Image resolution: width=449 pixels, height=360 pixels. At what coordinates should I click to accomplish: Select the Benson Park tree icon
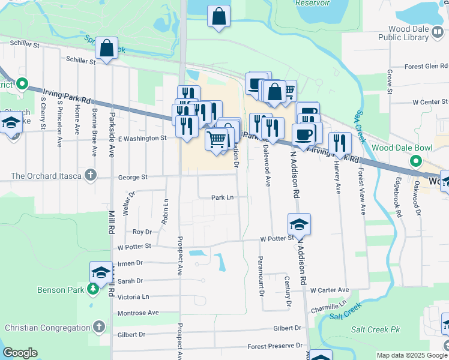coord(93,290)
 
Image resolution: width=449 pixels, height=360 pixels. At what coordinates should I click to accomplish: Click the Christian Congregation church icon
coord(99,328)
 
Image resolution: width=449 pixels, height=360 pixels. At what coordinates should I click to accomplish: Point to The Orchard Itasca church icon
coord(90,176)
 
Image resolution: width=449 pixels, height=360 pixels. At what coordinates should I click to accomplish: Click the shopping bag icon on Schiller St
coord(106,50)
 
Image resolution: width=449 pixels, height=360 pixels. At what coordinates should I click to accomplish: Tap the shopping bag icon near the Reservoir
coord(219,16)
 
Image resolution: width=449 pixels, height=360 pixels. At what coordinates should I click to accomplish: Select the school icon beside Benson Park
coord(100,272)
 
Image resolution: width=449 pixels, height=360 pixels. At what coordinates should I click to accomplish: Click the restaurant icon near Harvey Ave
coord(340,143)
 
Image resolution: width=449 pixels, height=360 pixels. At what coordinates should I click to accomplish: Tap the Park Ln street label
coord(221,197)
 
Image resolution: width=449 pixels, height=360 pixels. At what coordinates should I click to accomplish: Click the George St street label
coord(133,178)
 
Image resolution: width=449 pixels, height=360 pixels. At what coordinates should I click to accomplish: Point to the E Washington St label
coord(142,138)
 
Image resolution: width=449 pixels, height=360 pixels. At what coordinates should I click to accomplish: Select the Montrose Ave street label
coord(138,313)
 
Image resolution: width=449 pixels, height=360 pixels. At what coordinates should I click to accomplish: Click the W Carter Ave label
coord(330,290)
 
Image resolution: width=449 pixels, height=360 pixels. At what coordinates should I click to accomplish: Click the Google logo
coord(20,353)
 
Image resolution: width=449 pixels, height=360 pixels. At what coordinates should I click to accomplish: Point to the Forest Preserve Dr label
coord(275,346)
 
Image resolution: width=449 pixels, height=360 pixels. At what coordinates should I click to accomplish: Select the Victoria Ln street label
coord(133,296)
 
